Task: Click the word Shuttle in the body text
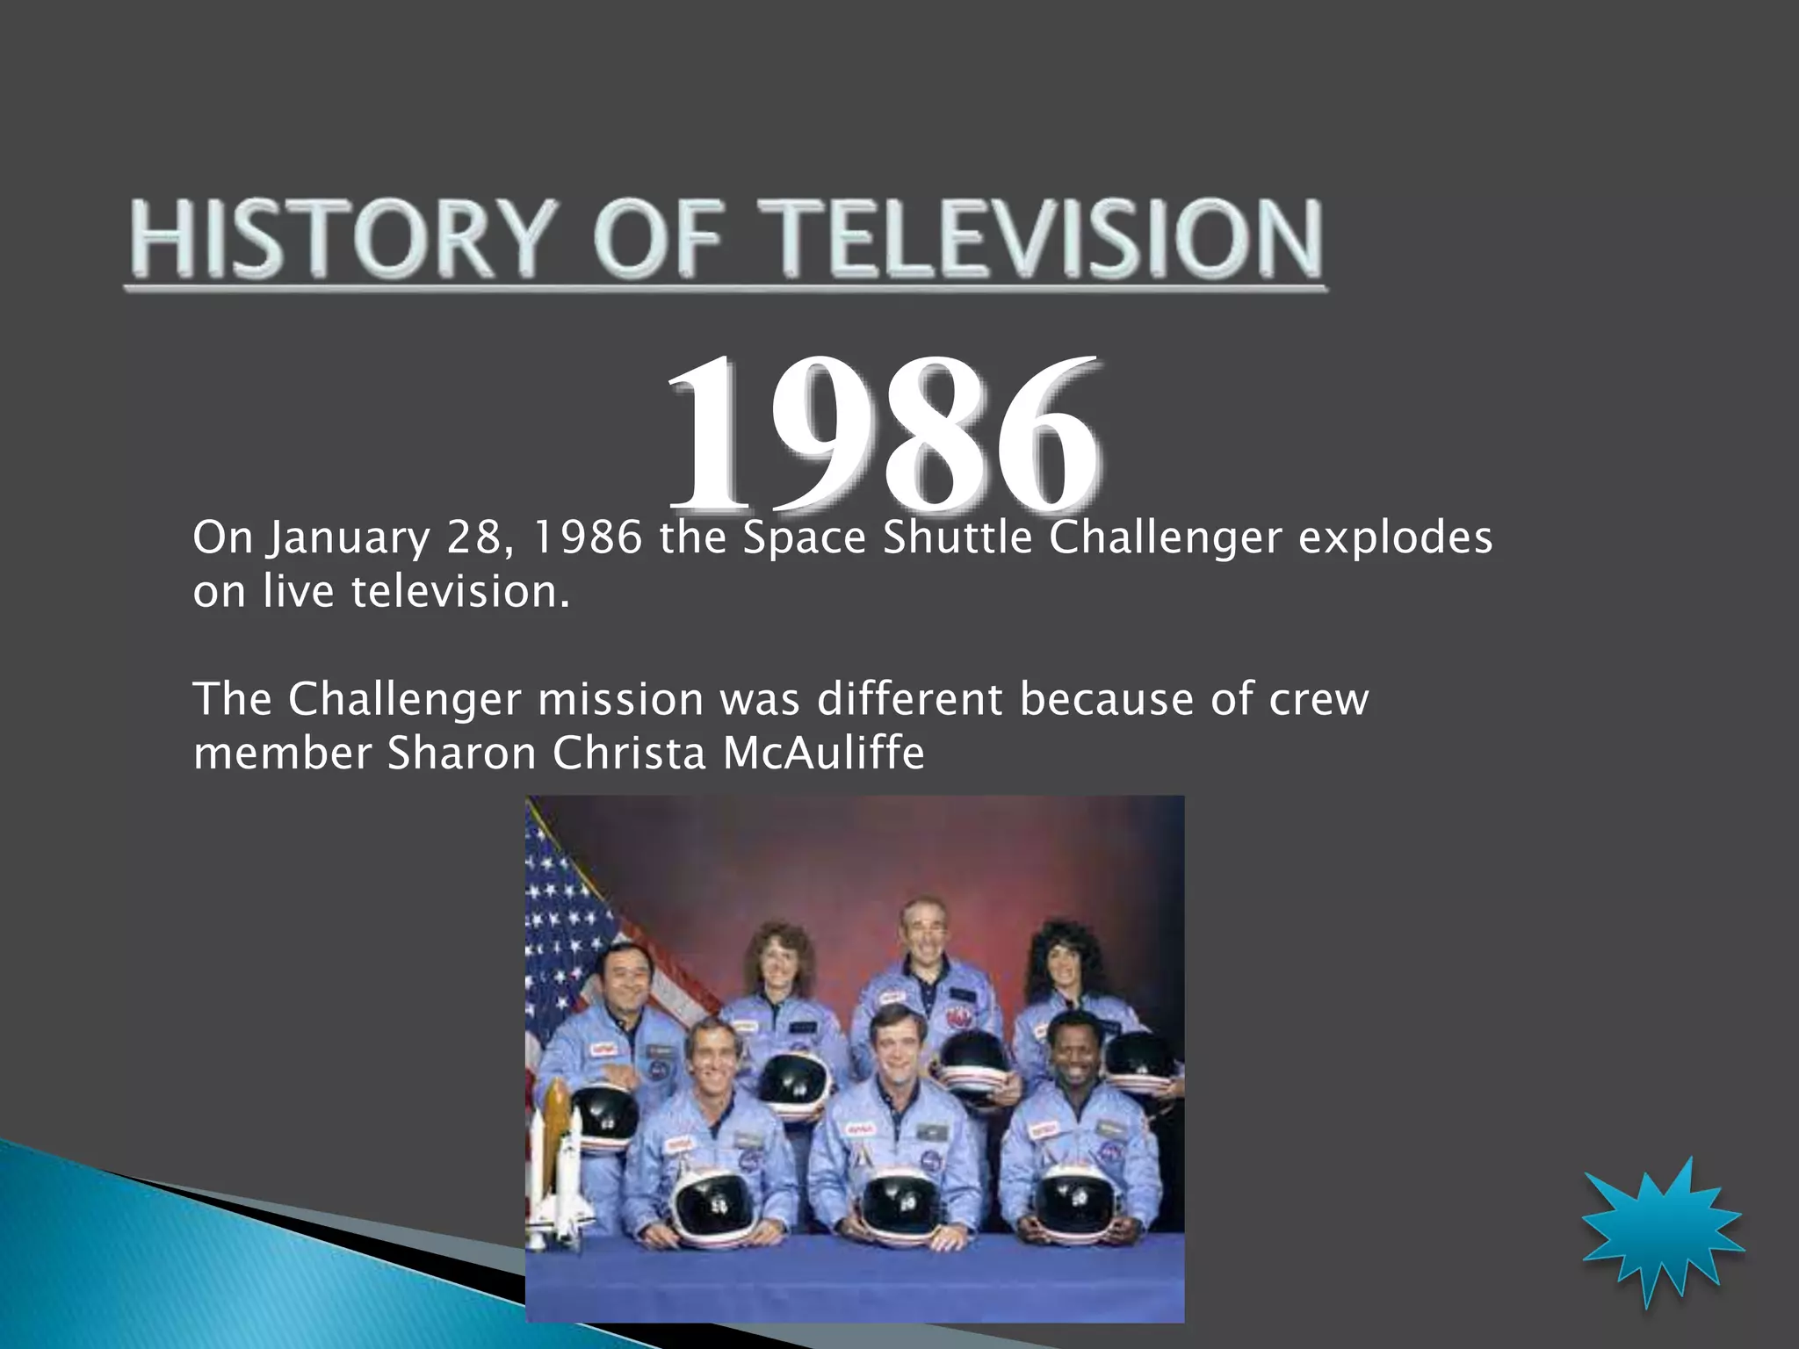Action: [x=957, y=537]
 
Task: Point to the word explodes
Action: [x=1395, y=537]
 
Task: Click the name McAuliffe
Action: [x=823, y=754]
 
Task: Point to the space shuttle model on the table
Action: [x=553, y=1168]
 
